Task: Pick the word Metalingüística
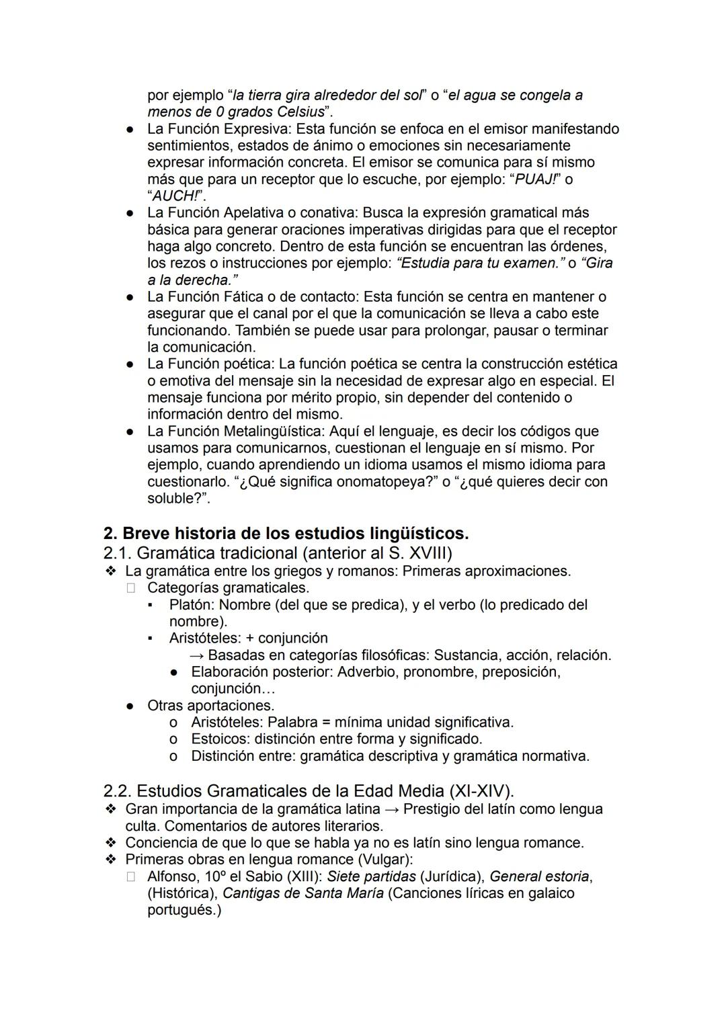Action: click(279, 431)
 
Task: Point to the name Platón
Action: click(192, 604)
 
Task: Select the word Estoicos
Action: click(220, 739)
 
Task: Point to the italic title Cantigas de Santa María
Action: click(302, 893)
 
